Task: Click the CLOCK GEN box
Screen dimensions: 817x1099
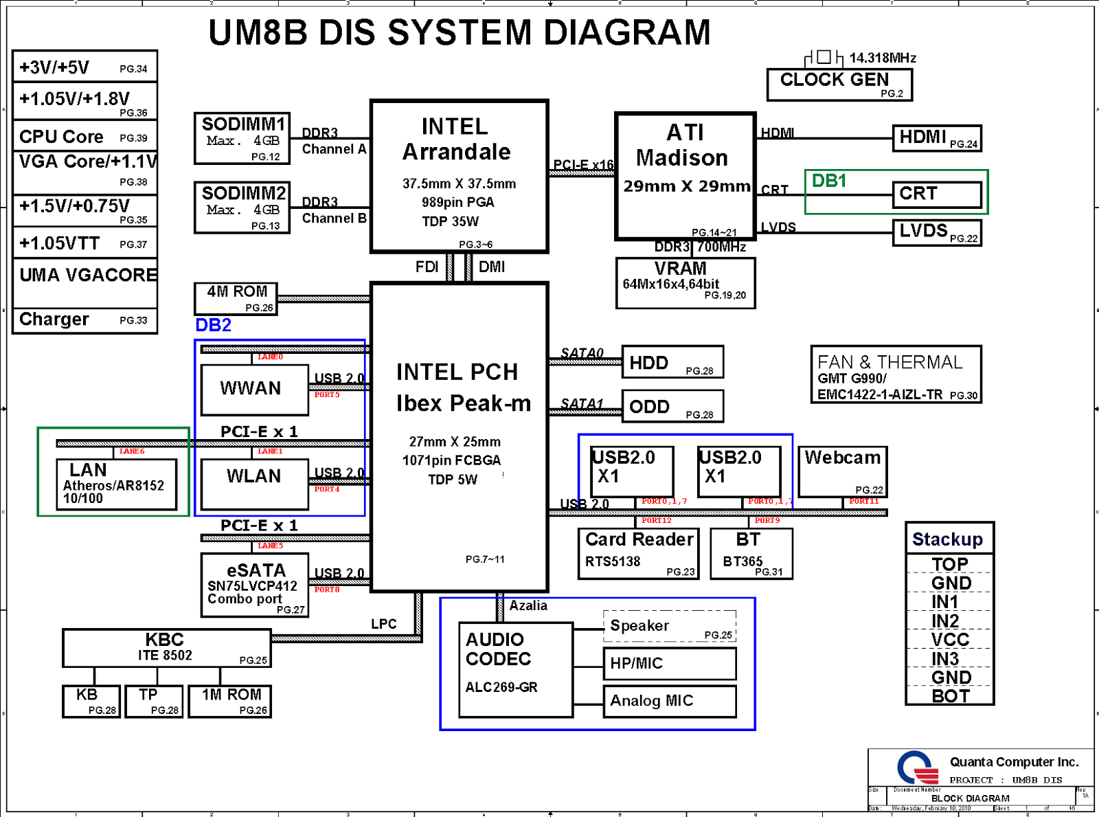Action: click(839, 85)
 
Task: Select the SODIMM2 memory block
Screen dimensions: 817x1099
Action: click(242, 208)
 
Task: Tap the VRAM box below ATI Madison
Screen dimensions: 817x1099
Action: click(686, 282)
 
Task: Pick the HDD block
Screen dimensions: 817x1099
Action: click(672, 362)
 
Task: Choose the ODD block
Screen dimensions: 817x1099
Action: click(672, 406)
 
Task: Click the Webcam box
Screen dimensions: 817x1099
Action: click(842, 471)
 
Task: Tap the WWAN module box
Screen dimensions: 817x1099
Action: click(254, 389)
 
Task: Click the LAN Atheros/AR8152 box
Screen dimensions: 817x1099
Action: click(116, 484)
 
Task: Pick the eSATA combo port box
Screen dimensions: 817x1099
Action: click(254, 585)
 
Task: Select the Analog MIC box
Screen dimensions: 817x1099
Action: click(669, 701)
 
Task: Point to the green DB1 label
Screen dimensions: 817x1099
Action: click(829, 181)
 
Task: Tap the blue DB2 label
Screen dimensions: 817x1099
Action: click(213, 325)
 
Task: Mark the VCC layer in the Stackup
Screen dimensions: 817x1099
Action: click(950, 640)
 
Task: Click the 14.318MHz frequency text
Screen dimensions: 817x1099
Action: click(883, 58)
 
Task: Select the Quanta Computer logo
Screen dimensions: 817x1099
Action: click(918, 768)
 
